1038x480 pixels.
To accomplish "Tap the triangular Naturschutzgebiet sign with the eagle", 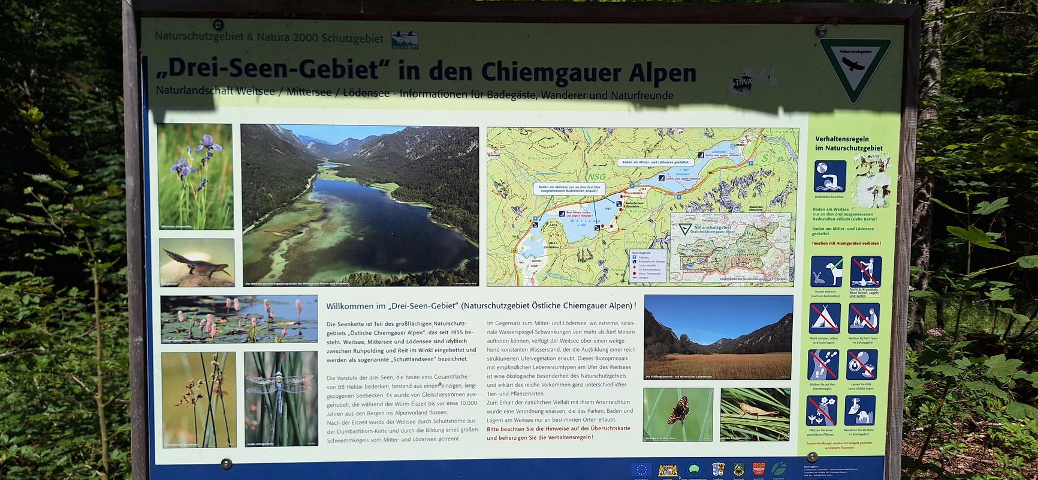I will pyautogui.click(x=855, y=67).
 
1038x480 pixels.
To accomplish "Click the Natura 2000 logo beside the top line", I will pyautogui.click(x=405, y=40).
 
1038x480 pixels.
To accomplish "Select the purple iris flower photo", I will pyautogui.click(x=195, y=176).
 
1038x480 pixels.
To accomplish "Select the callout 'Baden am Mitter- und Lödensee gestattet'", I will pyautogui.click(x=656, y=162).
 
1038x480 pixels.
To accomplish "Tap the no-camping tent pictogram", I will pyautogui.click(x=825, y=318).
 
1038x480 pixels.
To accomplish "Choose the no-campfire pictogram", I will pyautogui.click(x=864, y=318).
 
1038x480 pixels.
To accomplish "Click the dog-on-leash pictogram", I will pyautogui.click(x=825, y=271).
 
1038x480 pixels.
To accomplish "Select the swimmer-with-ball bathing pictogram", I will pyautogui.click(x=829, y=176).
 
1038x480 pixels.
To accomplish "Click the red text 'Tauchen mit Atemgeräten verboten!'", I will pyautogui.click(x=846, y=243).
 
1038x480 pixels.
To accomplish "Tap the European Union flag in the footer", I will pyautogui.click(x=641, y=470).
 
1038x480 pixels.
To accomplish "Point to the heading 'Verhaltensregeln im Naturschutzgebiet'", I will pyautogui.click(x=848, y=143).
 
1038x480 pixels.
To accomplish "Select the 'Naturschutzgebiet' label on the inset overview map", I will pyautogui.click(x=712, y=228).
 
